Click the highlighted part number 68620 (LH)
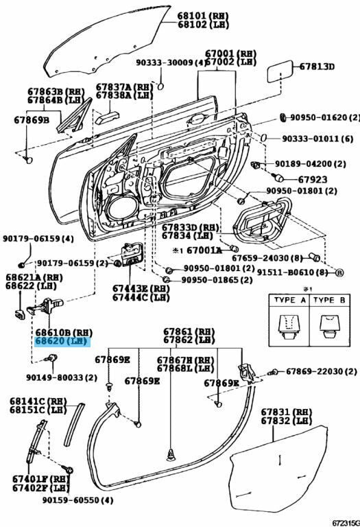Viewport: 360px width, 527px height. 62,341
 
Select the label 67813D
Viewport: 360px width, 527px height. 317,67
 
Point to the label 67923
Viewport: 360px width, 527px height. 312,179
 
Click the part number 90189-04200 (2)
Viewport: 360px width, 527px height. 311,164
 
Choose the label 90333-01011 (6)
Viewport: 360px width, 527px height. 317,138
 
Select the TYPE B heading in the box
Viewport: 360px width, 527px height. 329,300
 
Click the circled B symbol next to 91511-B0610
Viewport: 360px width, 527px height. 339,272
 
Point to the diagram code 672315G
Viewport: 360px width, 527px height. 346,523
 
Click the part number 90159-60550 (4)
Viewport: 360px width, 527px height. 77,500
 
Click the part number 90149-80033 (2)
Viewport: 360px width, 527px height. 62,377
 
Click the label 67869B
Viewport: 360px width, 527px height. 32,120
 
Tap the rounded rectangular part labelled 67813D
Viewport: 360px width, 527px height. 279,71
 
